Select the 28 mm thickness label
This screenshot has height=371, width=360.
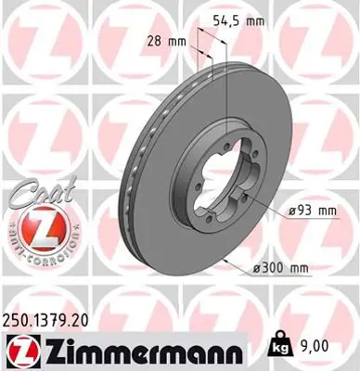[167, 41]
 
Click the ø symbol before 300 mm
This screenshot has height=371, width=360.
[256, 268]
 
